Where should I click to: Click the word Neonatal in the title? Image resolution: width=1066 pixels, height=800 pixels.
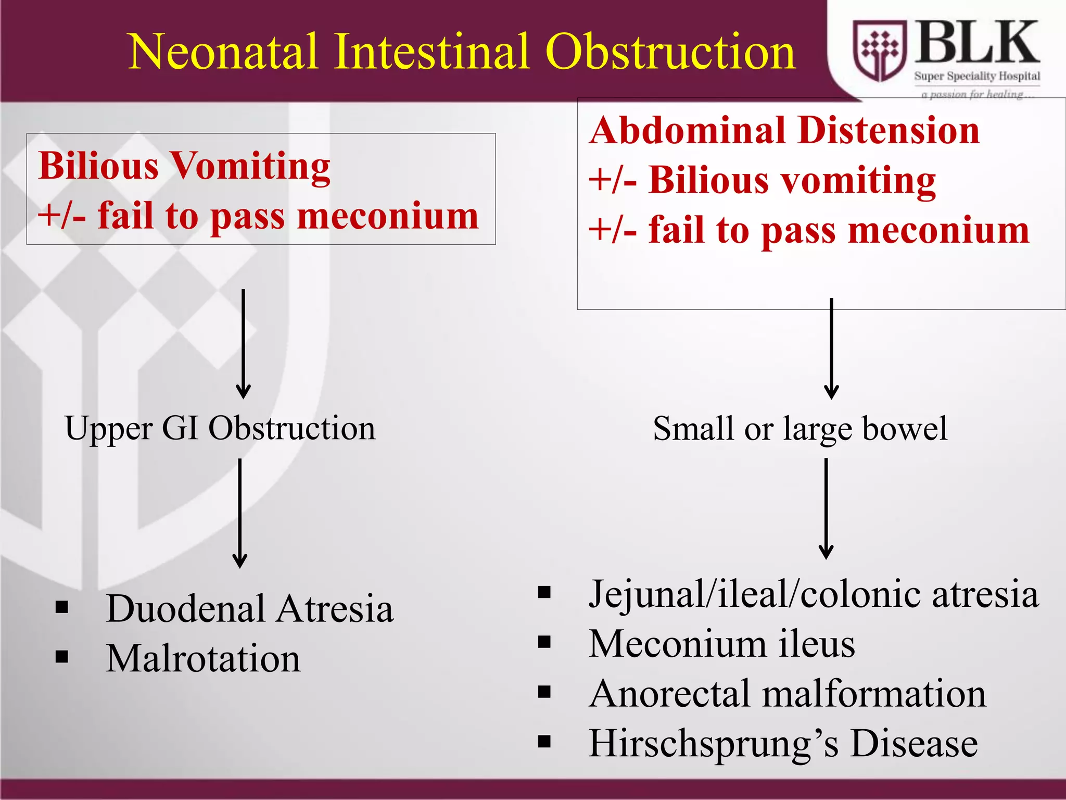point(223,52)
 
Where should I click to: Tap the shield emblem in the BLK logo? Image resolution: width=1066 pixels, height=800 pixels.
point(880,51)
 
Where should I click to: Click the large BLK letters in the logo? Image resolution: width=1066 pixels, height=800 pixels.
point(976,43)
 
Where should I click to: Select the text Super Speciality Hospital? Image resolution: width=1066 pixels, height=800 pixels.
point(977,76)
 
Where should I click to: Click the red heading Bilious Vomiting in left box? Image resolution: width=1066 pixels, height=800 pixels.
point(184,167)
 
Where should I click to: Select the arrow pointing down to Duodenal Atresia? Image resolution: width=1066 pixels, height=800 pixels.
point(240,513)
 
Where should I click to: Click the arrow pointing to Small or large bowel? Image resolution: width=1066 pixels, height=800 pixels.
point(831,349)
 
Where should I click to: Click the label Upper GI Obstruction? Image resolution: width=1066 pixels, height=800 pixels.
point(220,429)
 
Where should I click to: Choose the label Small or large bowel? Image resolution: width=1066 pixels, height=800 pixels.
point(800,429)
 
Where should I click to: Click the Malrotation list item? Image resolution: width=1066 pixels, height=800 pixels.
point(203,659)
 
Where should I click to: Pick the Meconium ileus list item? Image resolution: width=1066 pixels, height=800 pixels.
point(721,644)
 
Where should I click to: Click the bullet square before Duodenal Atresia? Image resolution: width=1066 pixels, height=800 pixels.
point(62,607)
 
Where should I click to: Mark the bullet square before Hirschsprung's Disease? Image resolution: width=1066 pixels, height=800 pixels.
point(544,742)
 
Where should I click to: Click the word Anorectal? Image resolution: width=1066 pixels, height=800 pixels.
point(670,694)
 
